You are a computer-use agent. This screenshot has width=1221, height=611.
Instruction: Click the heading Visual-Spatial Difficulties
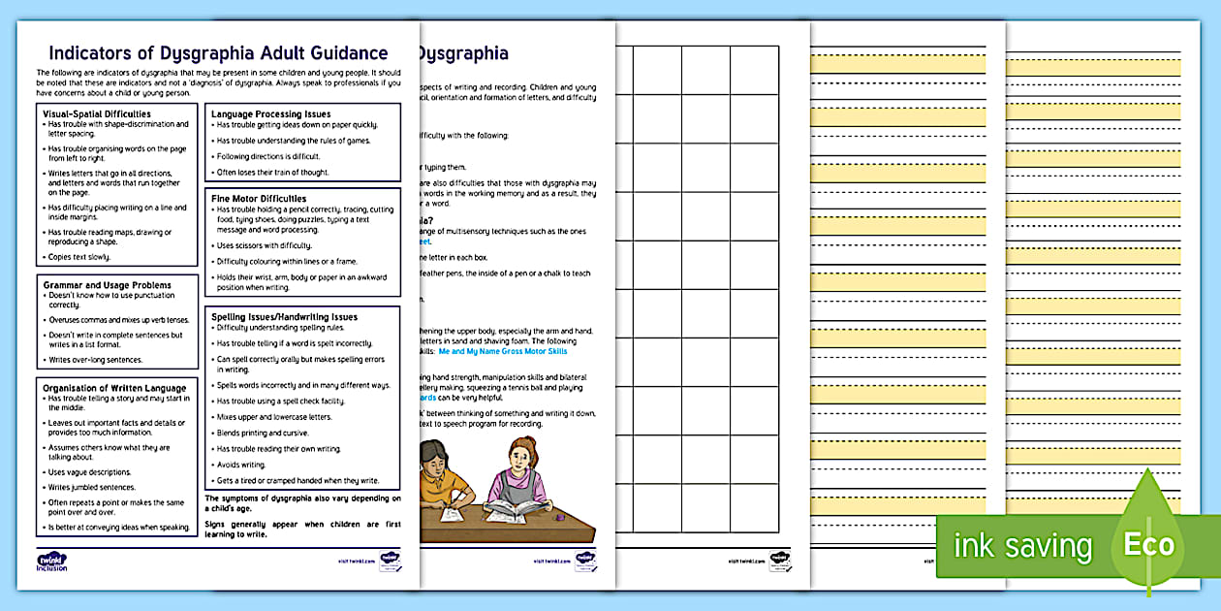coord(97,114)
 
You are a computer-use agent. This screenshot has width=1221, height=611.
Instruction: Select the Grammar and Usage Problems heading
coord(107,285)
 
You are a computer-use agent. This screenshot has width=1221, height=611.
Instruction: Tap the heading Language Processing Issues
coord(270,114)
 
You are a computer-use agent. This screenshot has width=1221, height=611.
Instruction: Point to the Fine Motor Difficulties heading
coord(259,199)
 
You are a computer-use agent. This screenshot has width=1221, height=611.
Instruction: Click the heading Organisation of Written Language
coord(114,388)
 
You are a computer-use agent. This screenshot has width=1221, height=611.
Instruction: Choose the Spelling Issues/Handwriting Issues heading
coord(284,317)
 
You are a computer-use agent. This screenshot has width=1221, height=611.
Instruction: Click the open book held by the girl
coord(516,506)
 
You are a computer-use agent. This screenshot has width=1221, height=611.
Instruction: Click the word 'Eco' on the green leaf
coord(1147,544)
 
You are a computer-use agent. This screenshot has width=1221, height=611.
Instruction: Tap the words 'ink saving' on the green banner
coord(1022,545)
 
